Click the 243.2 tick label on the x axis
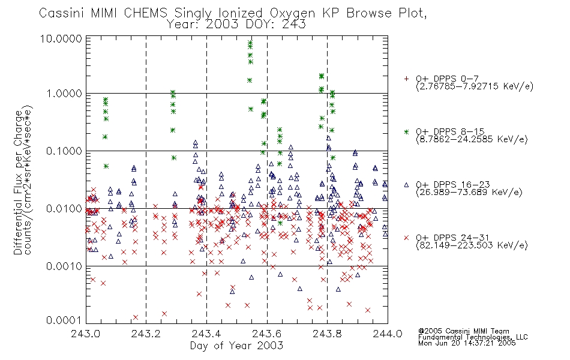(146, 334)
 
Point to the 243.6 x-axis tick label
(267, 334)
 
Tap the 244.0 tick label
(388, 334)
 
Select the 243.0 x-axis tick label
(85, 334)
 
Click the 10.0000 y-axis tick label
(61, 38)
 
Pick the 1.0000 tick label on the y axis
(64, 94)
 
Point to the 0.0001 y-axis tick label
(64, 320)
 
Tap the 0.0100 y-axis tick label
(64, 209)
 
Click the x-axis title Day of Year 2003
(236, 346)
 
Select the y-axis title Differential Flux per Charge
(18, 182)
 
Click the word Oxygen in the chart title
(292, 13)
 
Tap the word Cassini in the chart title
(61, 13)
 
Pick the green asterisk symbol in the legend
(406, 131)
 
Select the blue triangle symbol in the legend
(406, 185)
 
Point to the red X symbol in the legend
(406, 238)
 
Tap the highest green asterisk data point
(250, 43)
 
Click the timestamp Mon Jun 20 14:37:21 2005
(467, 343)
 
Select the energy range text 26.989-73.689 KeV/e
(469, 192)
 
